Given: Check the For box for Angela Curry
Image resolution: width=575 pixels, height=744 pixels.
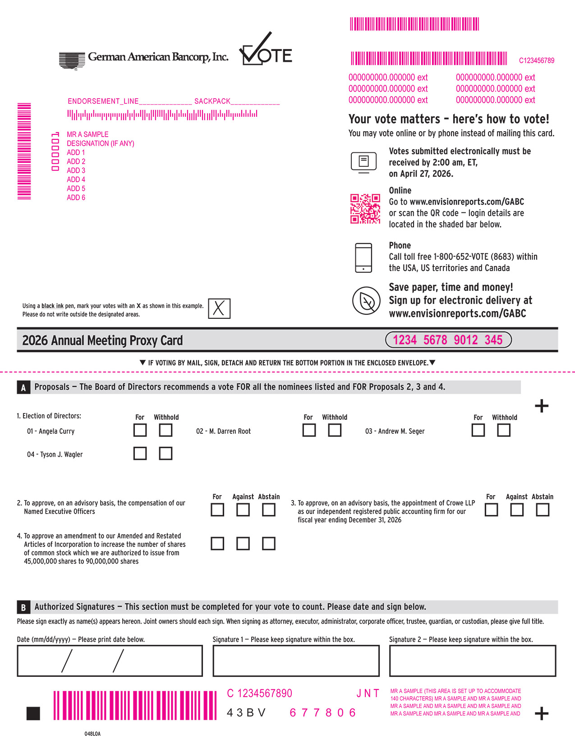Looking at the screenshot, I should [x=140, y=430].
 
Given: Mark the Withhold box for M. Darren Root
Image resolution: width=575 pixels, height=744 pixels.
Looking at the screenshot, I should [x=334, y=430].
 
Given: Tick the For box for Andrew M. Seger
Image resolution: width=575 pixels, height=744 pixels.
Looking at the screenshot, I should [x=478, y=430].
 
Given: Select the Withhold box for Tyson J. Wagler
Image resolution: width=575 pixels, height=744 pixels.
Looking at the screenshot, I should [x=166, y=453].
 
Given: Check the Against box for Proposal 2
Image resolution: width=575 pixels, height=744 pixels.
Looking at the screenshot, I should [x=243, y=510].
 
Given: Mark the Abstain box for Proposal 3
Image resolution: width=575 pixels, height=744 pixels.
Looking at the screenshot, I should [x=543, y=510].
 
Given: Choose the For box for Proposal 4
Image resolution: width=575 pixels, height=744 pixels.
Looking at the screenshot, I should [x=217, y=543].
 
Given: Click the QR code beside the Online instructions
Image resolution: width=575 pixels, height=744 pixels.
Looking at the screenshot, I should [x=365, y=209].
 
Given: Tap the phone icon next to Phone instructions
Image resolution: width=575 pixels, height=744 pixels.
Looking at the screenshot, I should [x=363, y=258].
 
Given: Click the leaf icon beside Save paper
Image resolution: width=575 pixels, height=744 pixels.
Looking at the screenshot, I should [x=366, y=301].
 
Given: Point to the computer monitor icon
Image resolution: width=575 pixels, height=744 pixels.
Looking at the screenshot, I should [x=363, y=162].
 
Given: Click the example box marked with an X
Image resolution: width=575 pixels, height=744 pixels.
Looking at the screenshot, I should [x=219, y=308].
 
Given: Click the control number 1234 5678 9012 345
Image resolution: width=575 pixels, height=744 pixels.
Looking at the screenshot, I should [x=448, y=340].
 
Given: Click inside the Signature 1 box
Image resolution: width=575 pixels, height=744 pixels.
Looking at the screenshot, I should [x=296, y=661].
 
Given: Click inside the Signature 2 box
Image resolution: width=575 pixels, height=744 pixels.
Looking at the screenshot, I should [x=472, y=661].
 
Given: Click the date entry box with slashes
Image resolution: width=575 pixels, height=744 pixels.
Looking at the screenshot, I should [x=110, y=661].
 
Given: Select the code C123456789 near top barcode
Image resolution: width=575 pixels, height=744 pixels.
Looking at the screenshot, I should [x=536, y=60].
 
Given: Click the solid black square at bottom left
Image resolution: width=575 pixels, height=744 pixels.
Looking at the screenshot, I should [x=33, y=713].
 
